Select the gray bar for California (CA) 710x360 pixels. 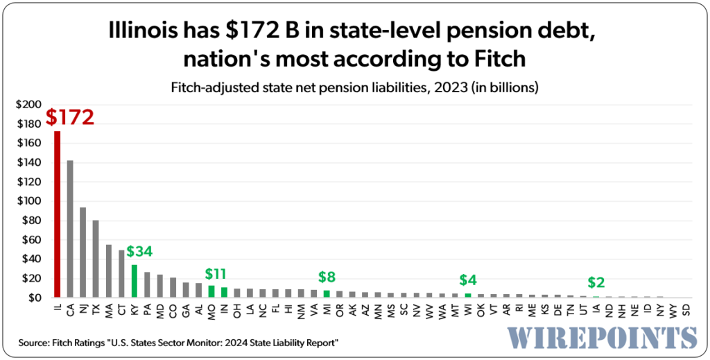[x=70, y=229]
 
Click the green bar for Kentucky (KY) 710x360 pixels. [x=135, y=281]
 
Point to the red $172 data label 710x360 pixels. [x=69, y=117]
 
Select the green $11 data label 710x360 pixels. [x=218, y=273]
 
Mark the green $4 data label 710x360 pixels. [x=468, y=280]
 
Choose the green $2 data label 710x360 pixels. [x=596, y=282]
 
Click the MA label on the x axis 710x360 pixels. [x=109, y=309]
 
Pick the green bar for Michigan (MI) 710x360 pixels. [x=327, y=293]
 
